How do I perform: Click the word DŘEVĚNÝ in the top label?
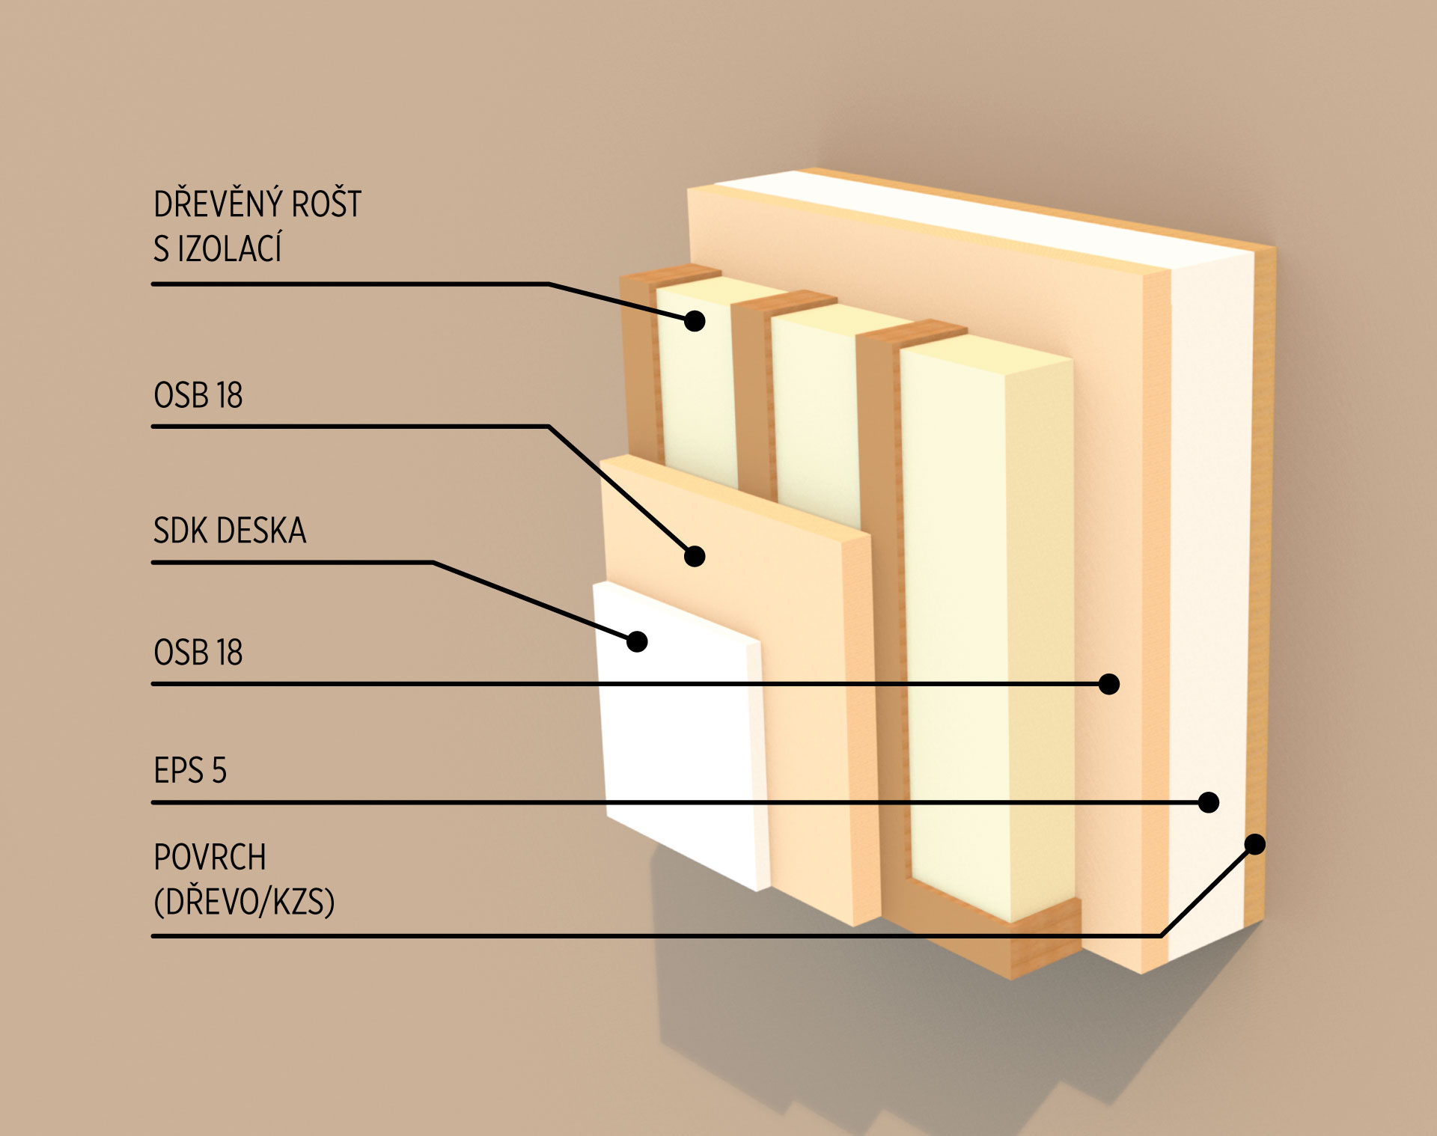[217, 204]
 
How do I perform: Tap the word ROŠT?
[326, 204]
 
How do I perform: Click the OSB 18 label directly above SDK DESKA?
[198, 395]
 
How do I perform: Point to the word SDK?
[178, 531]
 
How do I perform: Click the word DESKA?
[262, 531]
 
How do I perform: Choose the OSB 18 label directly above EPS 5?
[198, 653]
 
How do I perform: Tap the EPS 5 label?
[190, 771]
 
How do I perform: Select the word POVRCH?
[210, 858]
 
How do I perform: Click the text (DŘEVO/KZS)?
[244, 903]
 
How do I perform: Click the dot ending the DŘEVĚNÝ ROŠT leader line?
[695, 321]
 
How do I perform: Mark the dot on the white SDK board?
[637, 641]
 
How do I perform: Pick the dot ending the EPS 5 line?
[1209, 802]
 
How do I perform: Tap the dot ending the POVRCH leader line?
[1255, 844]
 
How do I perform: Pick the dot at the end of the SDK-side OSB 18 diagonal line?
[695, 556]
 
